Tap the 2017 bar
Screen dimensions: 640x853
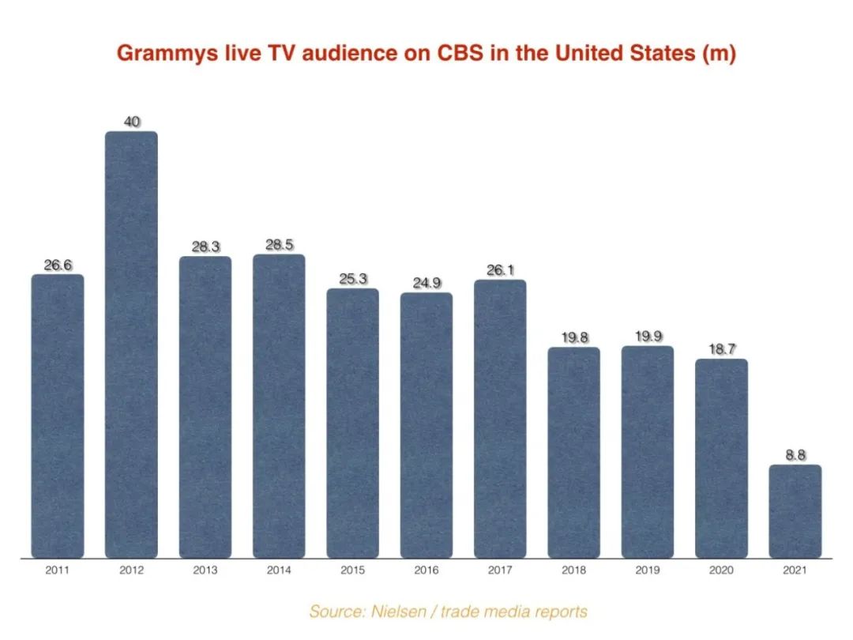click(x=500, y=419)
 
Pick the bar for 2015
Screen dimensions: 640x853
click(x=352, y=423)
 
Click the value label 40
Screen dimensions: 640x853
click(x=131, y=122)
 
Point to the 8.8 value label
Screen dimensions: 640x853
click(x=795, y=455)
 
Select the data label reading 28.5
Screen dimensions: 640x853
click(x=279, y=245)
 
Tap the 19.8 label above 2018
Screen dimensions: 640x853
click(x=574, y=338)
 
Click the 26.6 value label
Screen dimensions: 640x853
click(x=58, y=265)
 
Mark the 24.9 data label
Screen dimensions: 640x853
click(x=426, y=283)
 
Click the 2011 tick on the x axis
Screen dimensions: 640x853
click(x=58, y=569)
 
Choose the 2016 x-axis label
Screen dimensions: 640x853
click(x=426, y=569)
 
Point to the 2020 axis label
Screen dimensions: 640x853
click(x=721, y=569)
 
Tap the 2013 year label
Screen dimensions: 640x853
click(x=205, y=569)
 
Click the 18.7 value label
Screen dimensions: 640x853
click(x=721, y=349)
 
